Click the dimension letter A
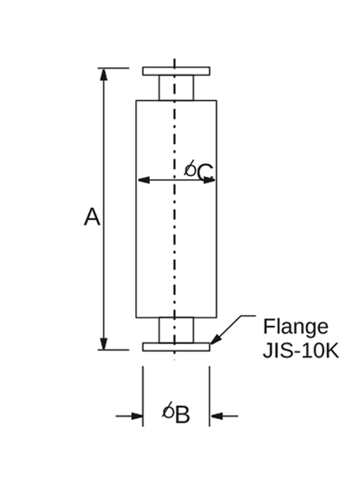tap(92, 217)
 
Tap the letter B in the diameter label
tap(183, 414)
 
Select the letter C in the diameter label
tap(205, 173)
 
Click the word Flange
tap(296, 327)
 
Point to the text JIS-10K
tap(301, 350)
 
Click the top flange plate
tap(176, 71)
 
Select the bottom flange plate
tap(176, 347)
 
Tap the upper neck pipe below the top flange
tap(176, 88)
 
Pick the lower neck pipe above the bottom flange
tap(176, 330)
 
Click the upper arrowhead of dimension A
tap(104, 74)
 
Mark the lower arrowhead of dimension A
tap(104, 343)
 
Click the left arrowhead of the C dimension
tap(143, 180)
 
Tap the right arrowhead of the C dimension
tap(210, 180)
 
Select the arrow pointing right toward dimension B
tap(129, 416)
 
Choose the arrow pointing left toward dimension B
tap(224, 416)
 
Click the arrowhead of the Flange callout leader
tap(215, 339)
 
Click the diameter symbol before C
tap(190, 168)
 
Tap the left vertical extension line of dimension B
tap(142, 396)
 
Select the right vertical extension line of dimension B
tap(210, 396)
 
